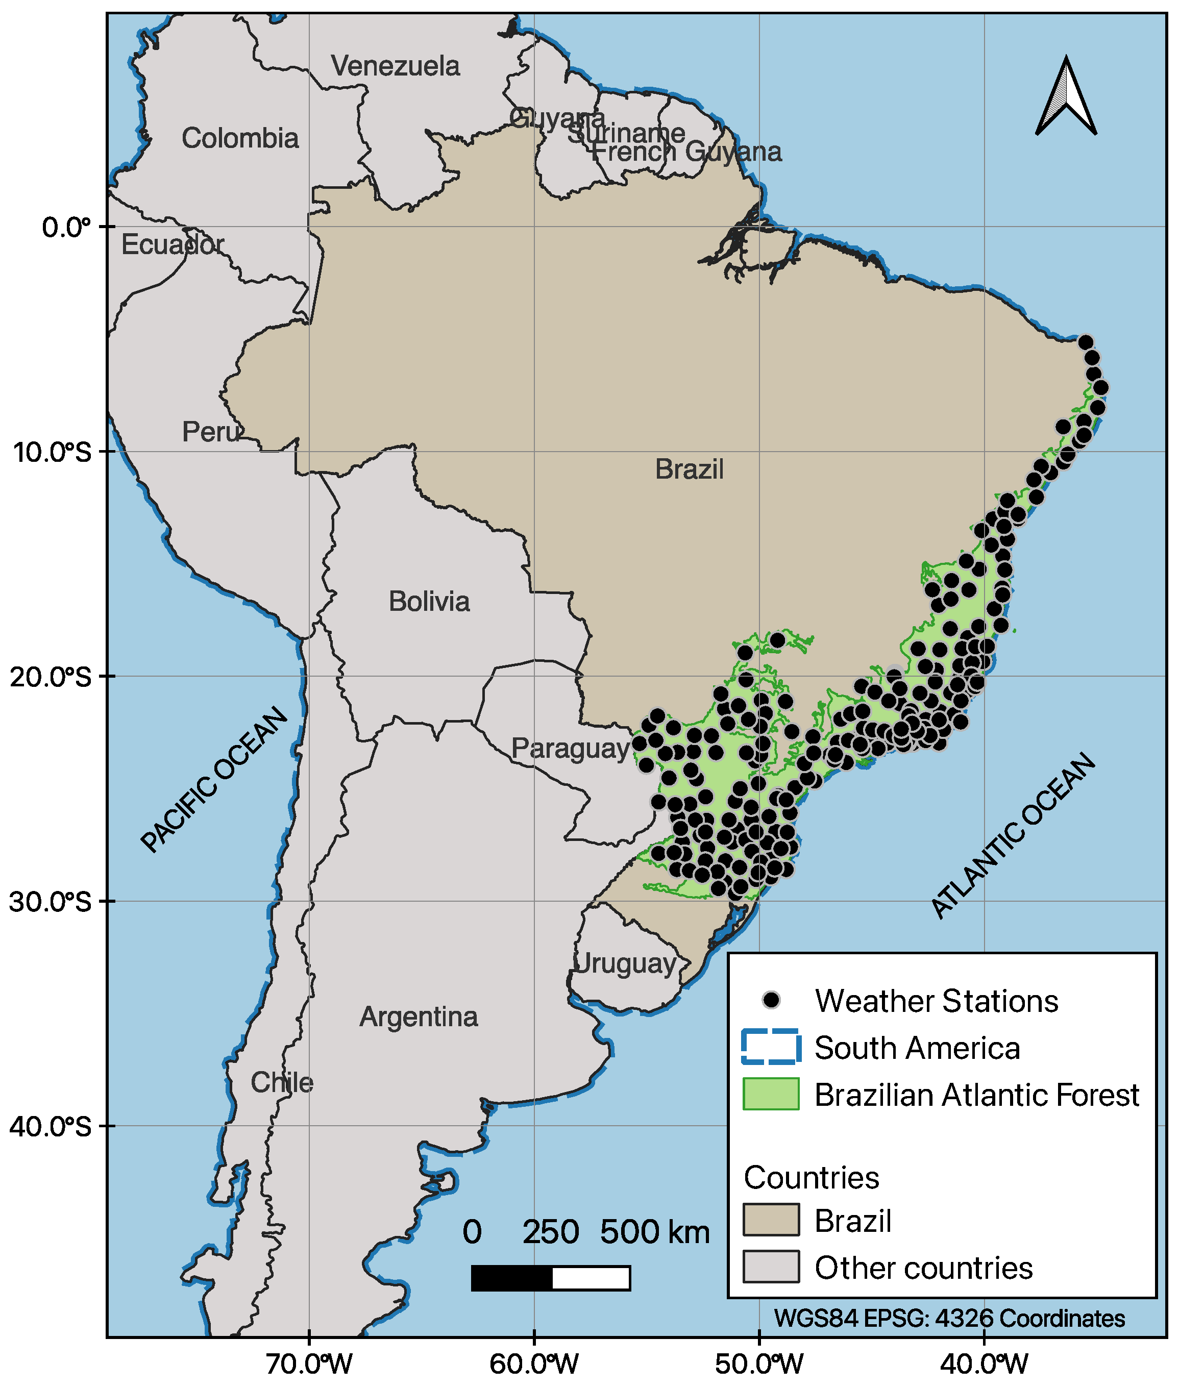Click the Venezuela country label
(395, 66)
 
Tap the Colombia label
(240, 138)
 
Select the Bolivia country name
(429, 602)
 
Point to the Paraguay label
(570, 749)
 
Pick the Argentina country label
(419, 1017)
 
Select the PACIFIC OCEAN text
(215, 779)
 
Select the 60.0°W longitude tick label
(533, 1364)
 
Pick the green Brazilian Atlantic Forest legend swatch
(771, 1094)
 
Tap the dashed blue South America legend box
(771, 1047)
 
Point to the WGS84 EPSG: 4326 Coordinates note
(949, 1319)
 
